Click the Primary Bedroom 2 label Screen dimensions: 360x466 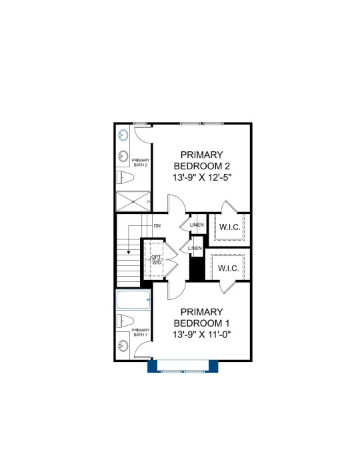(202, 161)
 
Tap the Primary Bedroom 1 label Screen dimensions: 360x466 (202, 317)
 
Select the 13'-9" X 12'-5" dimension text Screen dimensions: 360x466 (202, 177)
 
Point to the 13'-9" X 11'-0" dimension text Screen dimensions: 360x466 (202, 335)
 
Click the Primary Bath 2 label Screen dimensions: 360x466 (140, 163)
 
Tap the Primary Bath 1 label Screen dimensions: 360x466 (140, 332)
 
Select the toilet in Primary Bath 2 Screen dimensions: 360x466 (125, 177)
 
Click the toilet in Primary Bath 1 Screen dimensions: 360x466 (125, 321)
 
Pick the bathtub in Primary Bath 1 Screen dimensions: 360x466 (133, 300)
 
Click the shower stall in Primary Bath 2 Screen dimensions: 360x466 (133, 201)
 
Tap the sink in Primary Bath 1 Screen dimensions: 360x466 (123, 345)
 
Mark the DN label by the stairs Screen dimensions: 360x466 (157, 226)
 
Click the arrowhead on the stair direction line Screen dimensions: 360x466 (129, 252)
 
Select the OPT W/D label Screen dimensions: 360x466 (157, 259)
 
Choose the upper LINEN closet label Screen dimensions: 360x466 (197, 225)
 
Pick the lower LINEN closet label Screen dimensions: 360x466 (195, 248)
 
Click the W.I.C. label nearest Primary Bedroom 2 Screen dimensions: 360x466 (230, 227)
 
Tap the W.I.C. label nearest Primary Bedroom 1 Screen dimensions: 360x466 (228, 269)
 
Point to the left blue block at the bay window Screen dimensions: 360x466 (152, 366)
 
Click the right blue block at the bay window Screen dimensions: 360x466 (213, 366)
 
